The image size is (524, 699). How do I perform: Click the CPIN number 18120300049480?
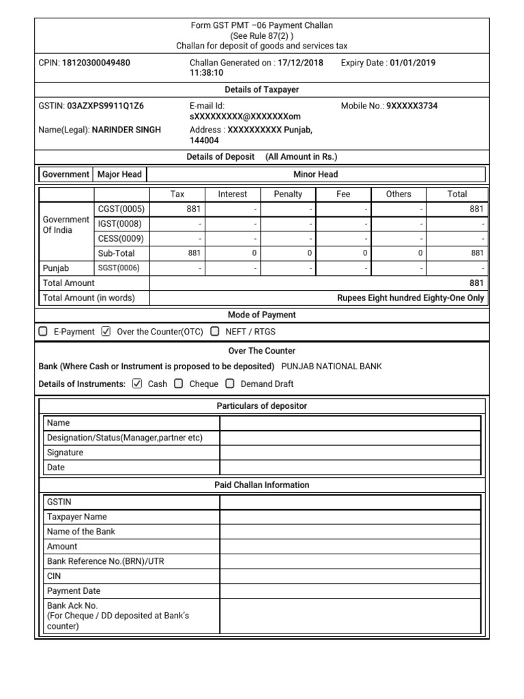click(x=96, y=63)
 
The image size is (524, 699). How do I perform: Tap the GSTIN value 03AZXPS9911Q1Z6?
click(x=105, y=106)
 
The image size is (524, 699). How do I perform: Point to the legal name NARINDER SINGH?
click(x=126, y=130)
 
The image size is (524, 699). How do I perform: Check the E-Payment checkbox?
click(x=44, y=332)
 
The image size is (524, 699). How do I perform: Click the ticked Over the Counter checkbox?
click(x=105, y=332)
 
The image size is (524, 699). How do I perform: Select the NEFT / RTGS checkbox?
click(x=215, y=332)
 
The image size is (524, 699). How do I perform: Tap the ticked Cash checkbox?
click(x=137, y=384)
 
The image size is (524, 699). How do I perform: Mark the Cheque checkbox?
click(x=179, y=384)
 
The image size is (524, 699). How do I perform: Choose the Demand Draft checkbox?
click(x=230, y=384)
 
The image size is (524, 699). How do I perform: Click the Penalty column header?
click(x=288, y=194)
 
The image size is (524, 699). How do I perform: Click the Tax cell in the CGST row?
click(x=177, y=209)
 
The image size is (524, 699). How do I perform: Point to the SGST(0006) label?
click(x=119, y=268)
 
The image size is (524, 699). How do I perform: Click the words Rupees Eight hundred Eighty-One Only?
click(x=411, y=298)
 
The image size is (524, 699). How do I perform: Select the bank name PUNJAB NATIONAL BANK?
click(x=332, y=366)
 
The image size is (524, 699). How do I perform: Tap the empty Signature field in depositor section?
click(x=349, y=453)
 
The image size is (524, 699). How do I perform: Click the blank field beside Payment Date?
click(x=349, y=591)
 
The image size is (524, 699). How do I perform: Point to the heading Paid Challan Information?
click(x=262, y=485)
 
